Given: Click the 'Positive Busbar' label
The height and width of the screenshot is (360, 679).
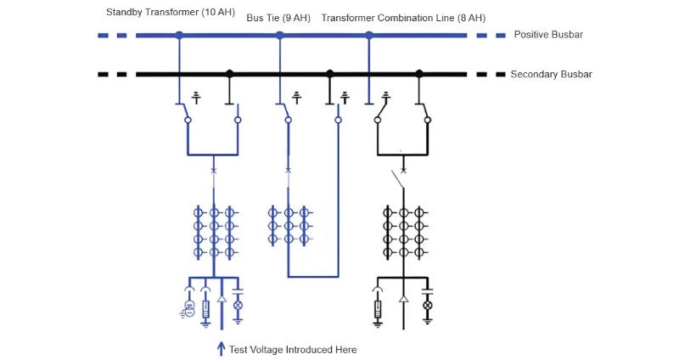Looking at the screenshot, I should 548,35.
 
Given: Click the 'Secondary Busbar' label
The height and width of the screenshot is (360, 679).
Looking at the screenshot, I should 551,74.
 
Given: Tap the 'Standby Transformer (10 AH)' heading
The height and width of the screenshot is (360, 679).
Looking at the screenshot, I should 171,13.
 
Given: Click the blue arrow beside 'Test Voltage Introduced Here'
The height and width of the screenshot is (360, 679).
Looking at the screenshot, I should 222,348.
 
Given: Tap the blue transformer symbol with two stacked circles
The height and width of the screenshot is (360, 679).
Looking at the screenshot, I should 190,307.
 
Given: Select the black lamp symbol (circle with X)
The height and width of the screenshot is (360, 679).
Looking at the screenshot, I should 428,304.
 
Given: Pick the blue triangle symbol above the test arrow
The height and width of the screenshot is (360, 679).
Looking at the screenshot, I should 222,300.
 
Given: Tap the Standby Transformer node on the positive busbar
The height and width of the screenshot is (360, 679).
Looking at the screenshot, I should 179,35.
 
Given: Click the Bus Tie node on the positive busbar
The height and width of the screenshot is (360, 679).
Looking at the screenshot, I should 279,35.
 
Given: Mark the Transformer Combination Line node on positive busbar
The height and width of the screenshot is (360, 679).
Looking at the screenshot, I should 368,35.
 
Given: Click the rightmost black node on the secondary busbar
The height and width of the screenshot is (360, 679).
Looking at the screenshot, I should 418,74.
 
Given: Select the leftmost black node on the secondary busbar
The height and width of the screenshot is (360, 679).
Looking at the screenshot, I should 229,74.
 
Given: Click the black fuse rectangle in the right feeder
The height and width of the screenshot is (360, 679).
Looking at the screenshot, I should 378,310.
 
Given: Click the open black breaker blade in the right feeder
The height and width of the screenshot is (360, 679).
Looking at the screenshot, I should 397,179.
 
